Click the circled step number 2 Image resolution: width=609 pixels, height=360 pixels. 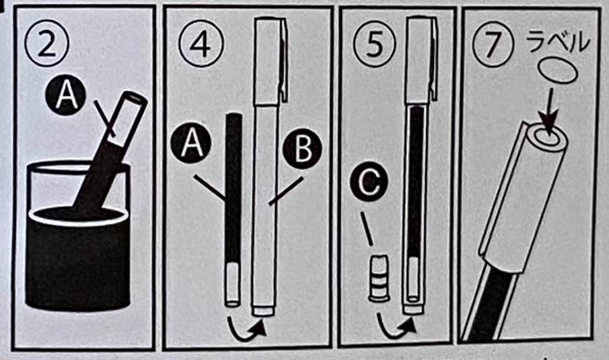point(46,43)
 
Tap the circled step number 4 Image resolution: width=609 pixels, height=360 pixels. point(201,45)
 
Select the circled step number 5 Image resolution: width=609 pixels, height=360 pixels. point(374,44)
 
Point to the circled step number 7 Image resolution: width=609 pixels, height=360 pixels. point(491,44)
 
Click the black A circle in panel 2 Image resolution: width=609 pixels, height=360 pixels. point(65,95)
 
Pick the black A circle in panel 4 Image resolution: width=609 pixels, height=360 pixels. point(191,146)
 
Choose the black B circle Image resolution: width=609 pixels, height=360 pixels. point(303,149)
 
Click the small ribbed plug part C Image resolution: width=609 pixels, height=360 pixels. point(379,278)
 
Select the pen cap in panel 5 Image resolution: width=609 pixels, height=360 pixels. point(422,61)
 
